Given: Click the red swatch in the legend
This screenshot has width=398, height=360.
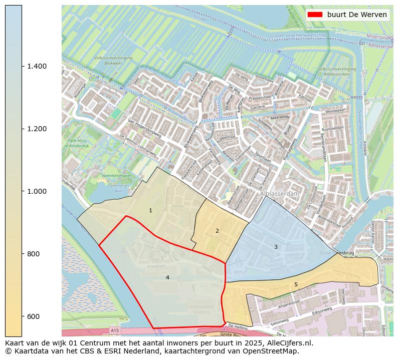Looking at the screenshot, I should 315,15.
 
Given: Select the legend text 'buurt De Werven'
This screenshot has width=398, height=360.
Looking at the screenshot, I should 356,15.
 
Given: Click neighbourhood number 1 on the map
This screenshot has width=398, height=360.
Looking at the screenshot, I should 150,211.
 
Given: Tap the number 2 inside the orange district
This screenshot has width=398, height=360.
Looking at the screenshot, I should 217,231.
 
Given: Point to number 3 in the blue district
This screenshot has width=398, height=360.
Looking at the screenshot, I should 276,247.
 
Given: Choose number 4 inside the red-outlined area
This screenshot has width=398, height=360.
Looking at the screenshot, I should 167,277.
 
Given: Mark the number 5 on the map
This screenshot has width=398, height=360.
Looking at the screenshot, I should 296,284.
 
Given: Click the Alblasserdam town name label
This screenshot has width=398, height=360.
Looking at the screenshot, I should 279,193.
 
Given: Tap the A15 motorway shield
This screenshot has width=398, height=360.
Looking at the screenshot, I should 115,330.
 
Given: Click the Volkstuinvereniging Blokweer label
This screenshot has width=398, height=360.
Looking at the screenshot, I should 113,61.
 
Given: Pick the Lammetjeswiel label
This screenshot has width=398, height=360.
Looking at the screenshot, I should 116,176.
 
